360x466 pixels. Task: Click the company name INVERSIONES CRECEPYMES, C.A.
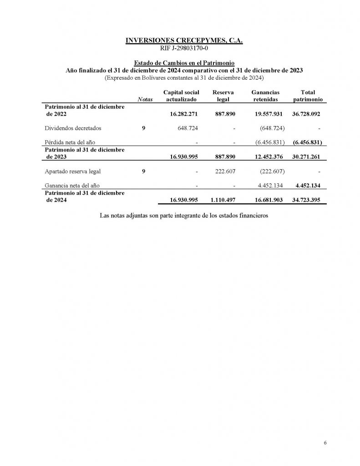[x=184, y=41]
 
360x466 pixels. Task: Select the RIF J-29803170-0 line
[x=184, y=48]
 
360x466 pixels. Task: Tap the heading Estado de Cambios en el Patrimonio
[x=184, y=63]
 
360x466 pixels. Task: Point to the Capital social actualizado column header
[x=181, y=96]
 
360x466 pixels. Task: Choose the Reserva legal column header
[x=223, y=96]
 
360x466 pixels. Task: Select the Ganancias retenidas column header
[x=266, y=96]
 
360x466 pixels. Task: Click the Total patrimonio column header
[x=308, y=96]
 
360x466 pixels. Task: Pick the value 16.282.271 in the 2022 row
[x=184, y=114]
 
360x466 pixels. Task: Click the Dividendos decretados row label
[x=73, y=128]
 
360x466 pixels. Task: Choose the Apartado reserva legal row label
[x=73, y=172]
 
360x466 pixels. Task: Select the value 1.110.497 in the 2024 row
[x=222, y=200]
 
